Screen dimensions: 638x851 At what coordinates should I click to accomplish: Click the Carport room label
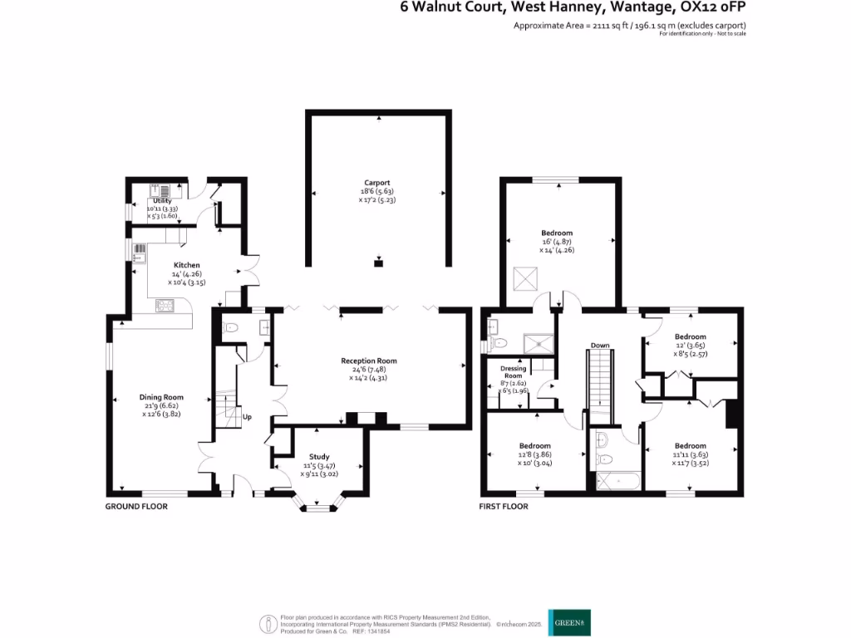[376, 183]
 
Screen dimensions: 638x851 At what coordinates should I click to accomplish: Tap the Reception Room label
[369, 361]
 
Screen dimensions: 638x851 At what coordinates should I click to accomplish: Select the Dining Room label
[161, 397]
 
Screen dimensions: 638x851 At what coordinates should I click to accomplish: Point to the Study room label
[319, 457]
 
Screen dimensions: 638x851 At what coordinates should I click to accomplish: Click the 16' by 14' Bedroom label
[557, 233]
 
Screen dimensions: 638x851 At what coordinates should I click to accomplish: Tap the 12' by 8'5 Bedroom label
[690, 336]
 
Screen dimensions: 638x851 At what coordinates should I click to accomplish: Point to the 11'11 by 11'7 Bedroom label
[690, 446]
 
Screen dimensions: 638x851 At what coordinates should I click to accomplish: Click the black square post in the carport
[378, 263]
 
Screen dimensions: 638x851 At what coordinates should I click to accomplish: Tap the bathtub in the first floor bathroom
[615, 481]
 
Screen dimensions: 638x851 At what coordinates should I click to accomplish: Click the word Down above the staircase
[600, 345]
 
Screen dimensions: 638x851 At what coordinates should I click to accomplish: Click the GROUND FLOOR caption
[136, 506]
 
